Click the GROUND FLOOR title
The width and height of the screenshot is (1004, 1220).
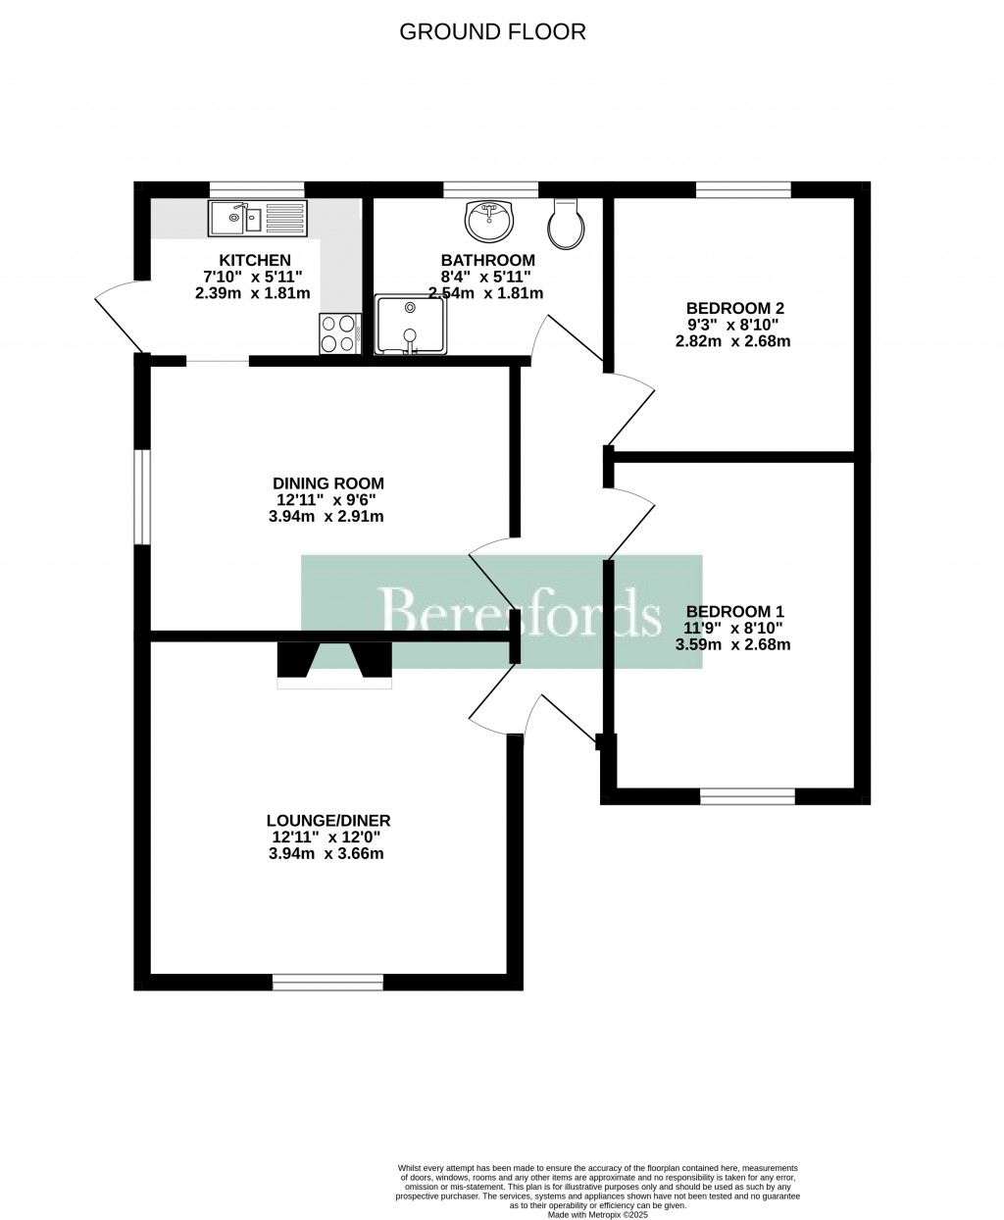pos(492,31)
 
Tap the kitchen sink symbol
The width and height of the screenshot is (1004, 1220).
pos(258,218)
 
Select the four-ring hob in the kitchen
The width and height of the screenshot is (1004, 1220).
pos(339,333)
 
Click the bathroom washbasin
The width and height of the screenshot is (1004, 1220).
pos(489,221)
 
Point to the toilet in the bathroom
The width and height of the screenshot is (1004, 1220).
pos(568,225)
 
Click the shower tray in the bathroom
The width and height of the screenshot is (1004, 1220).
pos(412,324)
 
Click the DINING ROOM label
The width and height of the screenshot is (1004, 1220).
pos(327,483)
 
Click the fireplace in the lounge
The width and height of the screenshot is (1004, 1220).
pos(334,662)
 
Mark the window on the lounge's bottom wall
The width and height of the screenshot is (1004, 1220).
pos(327,982)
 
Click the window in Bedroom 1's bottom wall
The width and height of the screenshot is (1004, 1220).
pos(747,796)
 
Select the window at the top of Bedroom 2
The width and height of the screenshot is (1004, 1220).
pos(743,189)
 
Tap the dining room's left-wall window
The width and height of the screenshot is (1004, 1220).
pos(142,496)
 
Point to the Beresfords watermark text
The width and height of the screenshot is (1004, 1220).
pos(520,612)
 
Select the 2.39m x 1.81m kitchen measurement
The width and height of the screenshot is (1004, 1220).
pos(254,293)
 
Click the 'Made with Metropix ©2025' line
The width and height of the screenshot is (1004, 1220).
pos(598,1214)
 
